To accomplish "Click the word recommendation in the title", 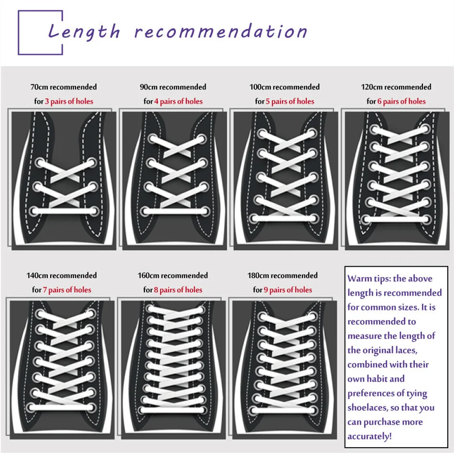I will pyautogui.click(x=221, y=32).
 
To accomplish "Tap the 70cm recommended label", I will pyautogui.click(x=64, y=87).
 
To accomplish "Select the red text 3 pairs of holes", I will pyautogui.click(x=69, y=101).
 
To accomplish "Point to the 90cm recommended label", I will pyautogui.click(x=173, y=87).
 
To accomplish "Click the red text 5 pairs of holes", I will pyautogui.click(x=290, y=101).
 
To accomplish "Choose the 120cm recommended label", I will pyautogui.click(x=396, y=87).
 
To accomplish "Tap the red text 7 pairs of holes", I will pyautogui.click(x=67, y=290).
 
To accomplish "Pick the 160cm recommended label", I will pyautogui.click(x=173, y=275).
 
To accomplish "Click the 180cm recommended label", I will pyautogui.click(x=282, y=275).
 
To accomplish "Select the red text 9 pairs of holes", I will pyautogui.click(x=288, y=290).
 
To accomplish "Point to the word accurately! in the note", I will pyautogui.click(x=369, y=436).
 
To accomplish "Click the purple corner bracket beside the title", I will pyautogui.click(x=29, y=32).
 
